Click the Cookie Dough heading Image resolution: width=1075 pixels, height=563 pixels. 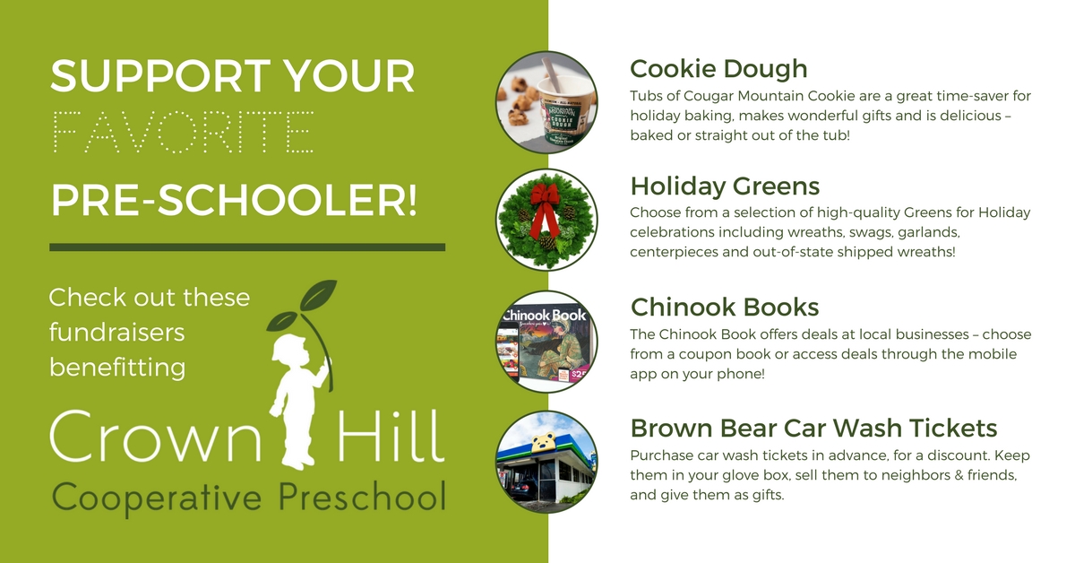718,69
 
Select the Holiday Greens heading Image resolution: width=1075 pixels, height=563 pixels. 725,186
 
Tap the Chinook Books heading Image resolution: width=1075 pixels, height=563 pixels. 725,307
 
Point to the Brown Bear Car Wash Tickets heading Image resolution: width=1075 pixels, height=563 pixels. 813,428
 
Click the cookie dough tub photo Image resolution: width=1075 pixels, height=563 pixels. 546,102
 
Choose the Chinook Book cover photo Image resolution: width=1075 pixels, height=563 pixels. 546,342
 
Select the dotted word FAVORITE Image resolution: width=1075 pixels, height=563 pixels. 183,132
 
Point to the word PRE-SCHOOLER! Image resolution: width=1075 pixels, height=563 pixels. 234,200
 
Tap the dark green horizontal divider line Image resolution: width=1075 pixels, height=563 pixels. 247,247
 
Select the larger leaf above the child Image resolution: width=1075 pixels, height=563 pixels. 318,296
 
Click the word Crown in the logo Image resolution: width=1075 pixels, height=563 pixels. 156,437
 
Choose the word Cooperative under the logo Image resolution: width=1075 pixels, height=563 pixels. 157,498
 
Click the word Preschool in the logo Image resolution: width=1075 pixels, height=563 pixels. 362,497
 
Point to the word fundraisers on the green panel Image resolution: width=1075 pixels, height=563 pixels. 117,333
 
